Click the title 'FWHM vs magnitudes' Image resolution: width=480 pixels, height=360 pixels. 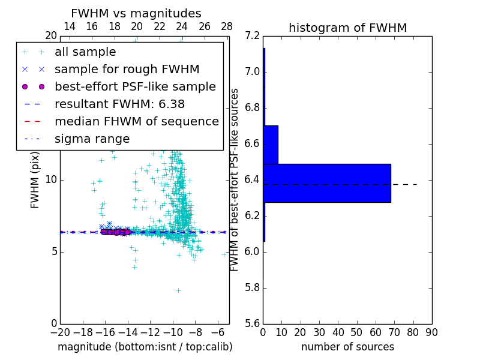coord(136,13)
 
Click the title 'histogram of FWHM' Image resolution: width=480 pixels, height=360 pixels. coord(347,28)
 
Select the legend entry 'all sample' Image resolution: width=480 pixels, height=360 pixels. coord(85,52)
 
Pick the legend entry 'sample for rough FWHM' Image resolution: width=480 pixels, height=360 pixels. coord(127,69)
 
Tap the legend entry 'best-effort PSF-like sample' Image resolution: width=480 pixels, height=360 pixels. coord(135,86)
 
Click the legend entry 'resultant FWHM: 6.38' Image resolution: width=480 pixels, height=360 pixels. coord(119,104)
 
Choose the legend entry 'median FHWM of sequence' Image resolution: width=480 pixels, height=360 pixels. coord(136,121)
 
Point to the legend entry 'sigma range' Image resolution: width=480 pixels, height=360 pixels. coord(92,139)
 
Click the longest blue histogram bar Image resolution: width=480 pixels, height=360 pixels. coord(327,183)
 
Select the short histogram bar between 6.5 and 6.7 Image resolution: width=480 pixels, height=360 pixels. coord(271,145)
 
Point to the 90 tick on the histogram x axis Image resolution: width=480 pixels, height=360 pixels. coord(431,332)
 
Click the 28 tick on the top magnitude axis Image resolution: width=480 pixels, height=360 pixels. coord(227,26)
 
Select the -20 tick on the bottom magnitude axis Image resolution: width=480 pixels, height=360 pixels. coord(60,332)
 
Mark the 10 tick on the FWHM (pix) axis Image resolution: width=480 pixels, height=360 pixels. coord(50,179)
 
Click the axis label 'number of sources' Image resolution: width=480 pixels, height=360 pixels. coord(347,347)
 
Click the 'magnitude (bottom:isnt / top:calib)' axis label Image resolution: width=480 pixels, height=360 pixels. coord(145,347)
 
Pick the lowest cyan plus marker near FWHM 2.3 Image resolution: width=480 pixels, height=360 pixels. coord(178,290)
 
